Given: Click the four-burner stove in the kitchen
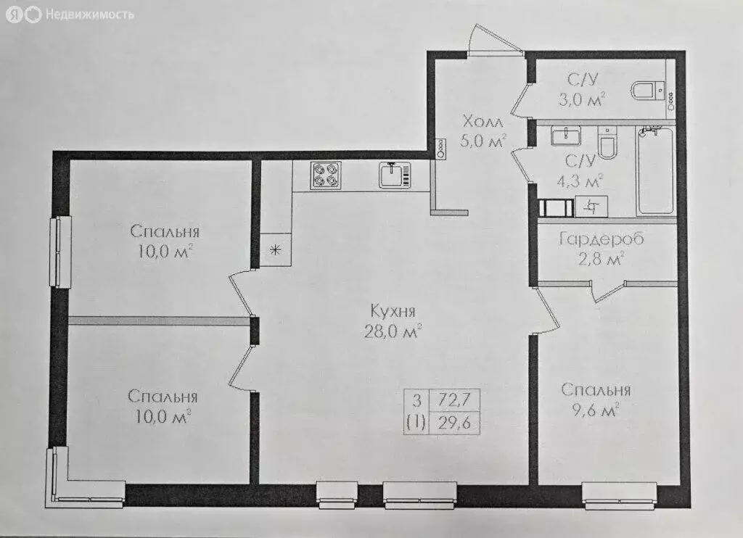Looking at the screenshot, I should [x=326, y=175].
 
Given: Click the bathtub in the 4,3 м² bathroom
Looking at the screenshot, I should [x=656, y=172].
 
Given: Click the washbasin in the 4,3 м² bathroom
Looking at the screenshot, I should [x=566, y=136].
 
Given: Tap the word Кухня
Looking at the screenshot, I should [x=393, y=312].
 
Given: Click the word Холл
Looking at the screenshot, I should [x=483, y=121].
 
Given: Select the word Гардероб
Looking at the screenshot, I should [x=602, y=239].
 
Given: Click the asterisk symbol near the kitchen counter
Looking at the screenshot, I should [x=275, y=251].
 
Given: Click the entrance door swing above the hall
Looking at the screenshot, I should [x=493, y=40].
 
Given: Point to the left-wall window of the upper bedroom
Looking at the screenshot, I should [x=59, y=251].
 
